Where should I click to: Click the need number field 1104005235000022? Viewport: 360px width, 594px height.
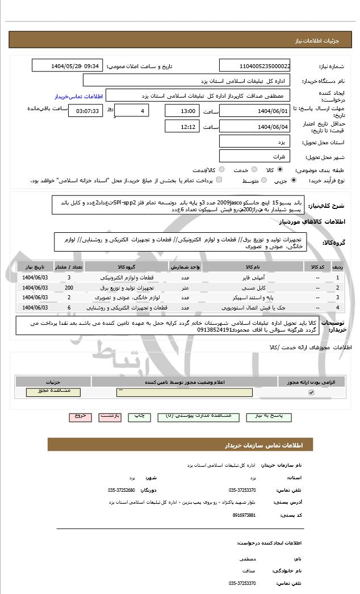(255, 66)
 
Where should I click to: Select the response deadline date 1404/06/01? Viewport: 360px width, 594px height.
(255, 111)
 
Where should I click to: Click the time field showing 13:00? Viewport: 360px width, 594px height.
(182, 111)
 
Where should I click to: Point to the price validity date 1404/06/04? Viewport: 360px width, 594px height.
(255, 127)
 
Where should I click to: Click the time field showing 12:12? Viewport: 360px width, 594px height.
(182, 127)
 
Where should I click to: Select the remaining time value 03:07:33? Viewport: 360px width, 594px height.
(85, 111)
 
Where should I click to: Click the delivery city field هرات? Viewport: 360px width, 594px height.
(255, 156)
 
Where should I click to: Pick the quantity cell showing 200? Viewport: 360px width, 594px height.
(69, 287)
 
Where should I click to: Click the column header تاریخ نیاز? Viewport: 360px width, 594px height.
(35, 267)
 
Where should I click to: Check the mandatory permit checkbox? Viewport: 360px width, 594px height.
(311, 392)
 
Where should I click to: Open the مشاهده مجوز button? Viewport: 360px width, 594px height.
(49, 392)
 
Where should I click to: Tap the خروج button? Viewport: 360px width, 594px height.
(80, 416)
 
